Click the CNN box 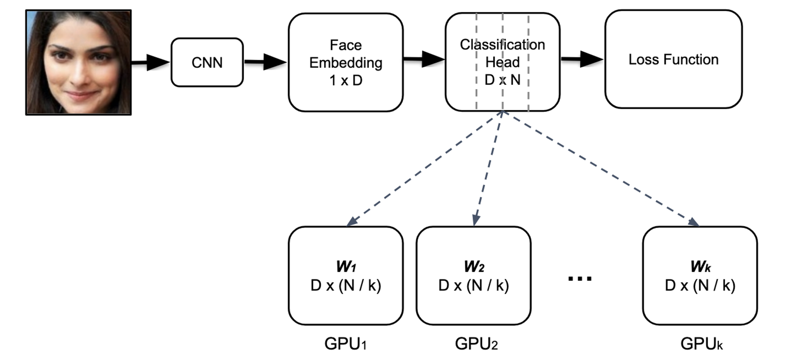click(x=207, y=62)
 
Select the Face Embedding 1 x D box click(x=346, y=62)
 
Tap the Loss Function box click(x=673, y=59)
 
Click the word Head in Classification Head click(x=502, y=62)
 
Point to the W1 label click(x=346, y=267)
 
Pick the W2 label click(x=474, y=267)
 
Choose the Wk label click(x=700, y=267)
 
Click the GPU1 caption click(x=345, y=344)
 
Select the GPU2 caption click(x=476, y=344)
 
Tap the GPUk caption click(x=701, y=344)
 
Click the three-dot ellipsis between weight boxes click(x=580, y=279)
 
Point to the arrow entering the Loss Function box click(x=582, y=59)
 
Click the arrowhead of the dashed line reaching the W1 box click(x=352, y=221)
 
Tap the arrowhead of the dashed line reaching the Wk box click(x=693, y=222)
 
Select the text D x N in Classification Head click(x=502, y=80)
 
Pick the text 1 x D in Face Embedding click(x=346, y=80)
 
